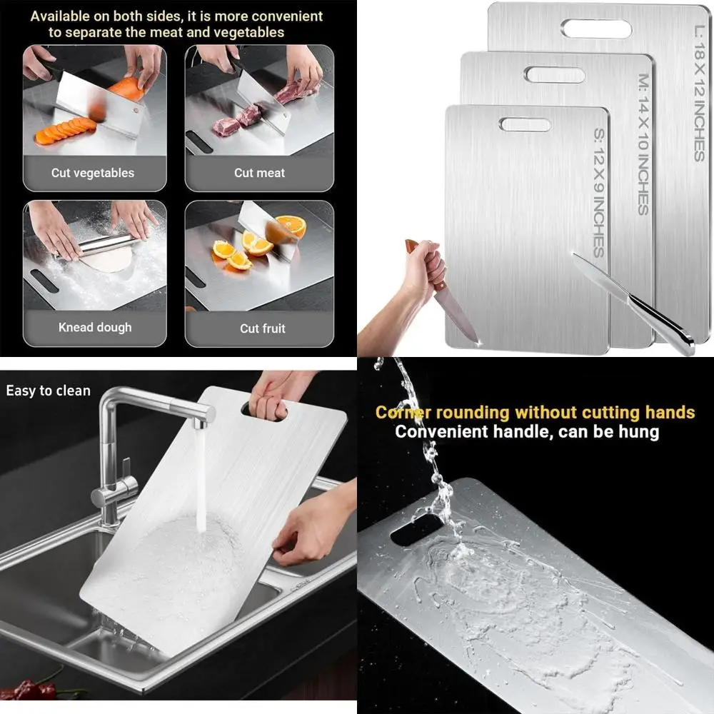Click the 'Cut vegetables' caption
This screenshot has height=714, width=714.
tap(92, 173)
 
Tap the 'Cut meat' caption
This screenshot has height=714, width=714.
tap(259, 173)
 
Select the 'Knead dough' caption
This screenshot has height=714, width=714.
tap(95, 328)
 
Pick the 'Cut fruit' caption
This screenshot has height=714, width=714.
tap(262, 328)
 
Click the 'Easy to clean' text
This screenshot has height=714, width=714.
tap(49, 391)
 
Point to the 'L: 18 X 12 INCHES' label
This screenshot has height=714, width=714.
tap(699, 92)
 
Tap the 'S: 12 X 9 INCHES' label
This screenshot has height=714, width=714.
tap(598, 192)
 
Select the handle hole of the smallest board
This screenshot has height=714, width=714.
tap(525, 125)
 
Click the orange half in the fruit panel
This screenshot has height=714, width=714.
tap(291, 226)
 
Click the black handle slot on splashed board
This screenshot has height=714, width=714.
tap(416, 529)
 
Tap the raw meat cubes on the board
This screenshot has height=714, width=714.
tap(236, 121)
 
